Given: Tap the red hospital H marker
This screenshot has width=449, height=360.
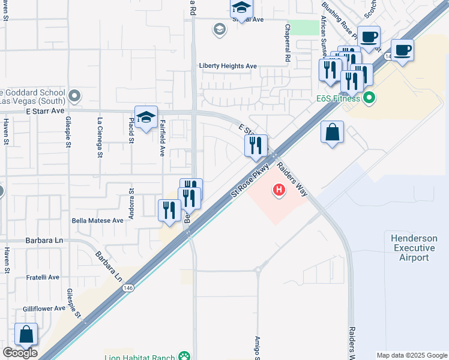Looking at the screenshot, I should tap(279, 191).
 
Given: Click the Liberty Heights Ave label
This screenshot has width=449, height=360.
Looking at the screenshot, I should tap(228, 66).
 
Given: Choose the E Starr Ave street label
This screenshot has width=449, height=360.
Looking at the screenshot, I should tap(45, 112).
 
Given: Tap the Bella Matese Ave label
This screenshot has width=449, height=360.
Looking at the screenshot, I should tap(97, 221).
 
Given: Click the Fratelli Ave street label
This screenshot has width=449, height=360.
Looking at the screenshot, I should tap(43, 277).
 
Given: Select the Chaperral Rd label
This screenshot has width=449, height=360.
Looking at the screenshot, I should tap(288, 44).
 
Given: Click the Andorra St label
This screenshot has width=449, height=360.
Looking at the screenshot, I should tap(131, 199).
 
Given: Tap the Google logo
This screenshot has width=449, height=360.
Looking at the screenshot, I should tap(20, 353).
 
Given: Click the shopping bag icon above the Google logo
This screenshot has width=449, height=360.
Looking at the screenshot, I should tap(26, 335).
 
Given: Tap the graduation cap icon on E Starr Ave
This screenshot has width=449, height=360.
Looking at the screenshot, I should tap(146, 117).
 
